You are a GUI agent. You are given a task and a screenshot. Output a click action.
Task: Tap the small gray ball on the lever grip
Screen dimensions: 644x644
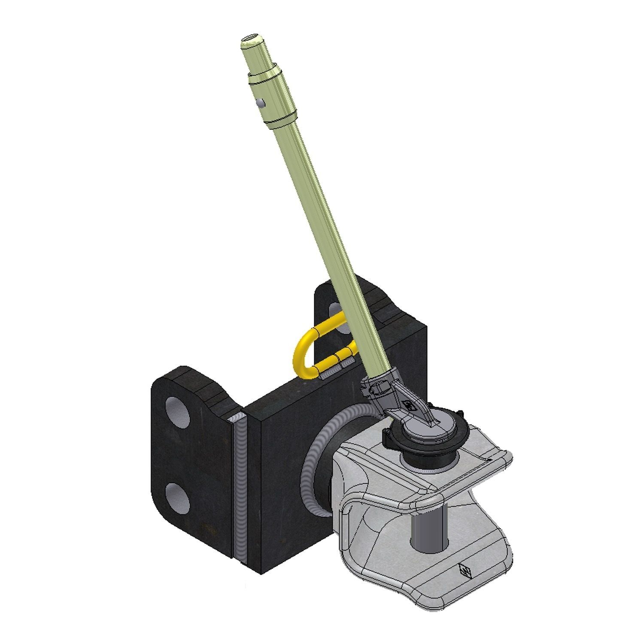pos(259,103)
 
